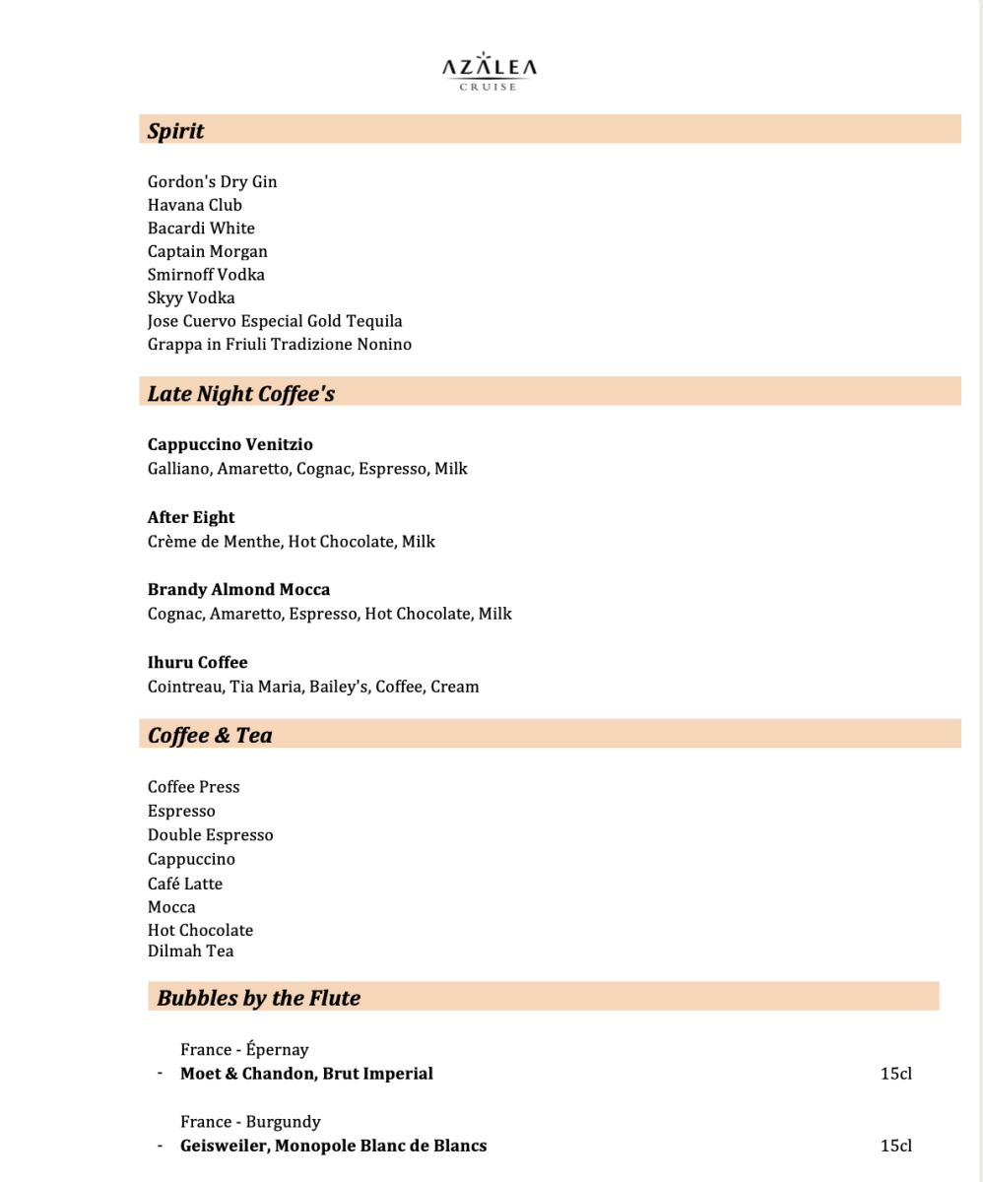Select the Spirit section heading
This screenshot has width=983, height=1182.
pyautogui.click(x=175, y=130)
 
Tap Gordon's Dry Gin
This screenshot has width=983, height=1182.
pyautogui.click(x=212, y=181)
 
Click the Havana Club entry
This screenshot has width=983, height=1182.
pyautogui.click(x=194, y=205)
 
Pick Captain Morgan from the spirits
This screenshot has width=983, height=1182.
pyautogui.click(x=207, y=251)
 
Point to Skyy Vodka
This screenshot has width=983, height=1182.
pyautogui.click(x=191, y=297)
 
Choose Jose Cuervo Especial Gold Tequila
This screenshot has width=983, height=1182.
pyautogui.click(x=275, y=321)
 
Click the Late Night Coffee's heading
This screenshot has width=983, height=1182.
pyautogui.click(x=241, y=394)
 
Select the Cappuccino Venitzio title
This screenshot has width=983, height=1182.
pyautogui.click(x=229, y=444)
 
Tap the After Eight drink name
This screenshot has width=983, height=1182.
pyautogui.click(x=191, y=517)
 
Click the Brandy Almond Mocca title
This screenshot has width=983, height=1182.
pyautogui.click(x=238, y=589)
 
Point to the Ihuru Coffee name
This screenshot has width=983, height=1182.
pyautogui.click(x=197, y=662)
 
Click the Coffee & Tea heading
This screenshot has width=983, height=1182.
pyautogui.click(x=210, y=735)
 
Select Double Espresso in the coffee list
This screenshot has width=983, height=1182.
pyautogui.click(x=210, y=834)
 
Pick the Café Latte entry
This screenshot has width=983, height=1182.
pyautogui.click(x=185, y=884)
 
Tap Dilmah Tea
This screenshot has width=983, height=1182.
pyautogui.click(x=190, y=951)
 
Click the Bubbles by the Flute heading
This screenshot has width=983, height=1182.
pyautogui.click(x=258, y=998)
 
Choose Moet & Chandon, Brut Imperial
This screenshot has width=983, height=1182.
pyautogui.click(x=306, y=1073)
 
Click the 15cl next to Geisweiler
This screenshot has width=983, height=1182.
pyautogui.click(x=895, y=1146)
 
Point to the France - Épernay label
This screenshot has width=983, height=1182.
pyautogui.click(x=244, y=1050)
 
